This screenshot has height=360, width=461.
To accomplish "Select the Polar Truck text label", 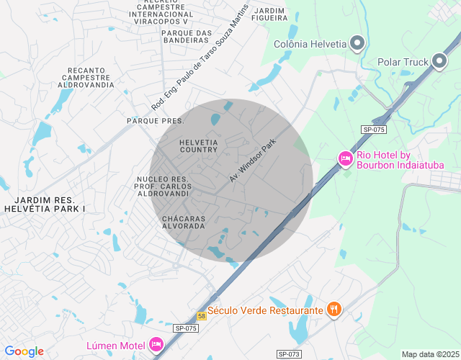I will point(403,62).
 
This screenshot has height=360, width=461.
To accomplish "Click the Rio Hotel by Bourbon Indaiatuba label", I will point(400,160).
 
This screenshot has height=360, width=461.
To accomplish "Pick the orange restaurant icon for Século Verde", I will point(334,310).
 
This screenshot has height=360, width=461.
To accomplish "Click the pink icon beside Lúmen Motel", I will point(155,344).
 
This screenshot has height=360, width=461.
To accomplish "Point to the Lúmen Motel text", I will point(116,345).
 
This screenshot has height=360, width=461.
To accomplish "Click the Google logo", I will point(24,351).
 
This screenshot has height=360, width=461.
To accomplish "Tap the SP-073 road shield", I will point(289,354).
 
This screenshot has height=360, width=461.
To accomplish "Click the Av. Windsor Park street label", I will point(253,161).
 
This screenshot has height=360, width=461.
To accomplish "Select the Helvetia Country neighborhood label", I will point(198,145).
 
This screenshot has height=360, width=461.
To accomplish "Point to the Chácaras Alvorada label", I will point(184,222).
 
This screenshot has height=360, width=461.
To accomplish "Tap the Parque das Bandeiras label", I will point(185,36).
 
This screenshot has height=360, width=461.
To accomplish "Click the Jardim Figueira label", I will point(270,15).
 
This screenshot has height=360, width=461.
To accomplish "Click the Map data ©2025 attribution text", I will point(430,354).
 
